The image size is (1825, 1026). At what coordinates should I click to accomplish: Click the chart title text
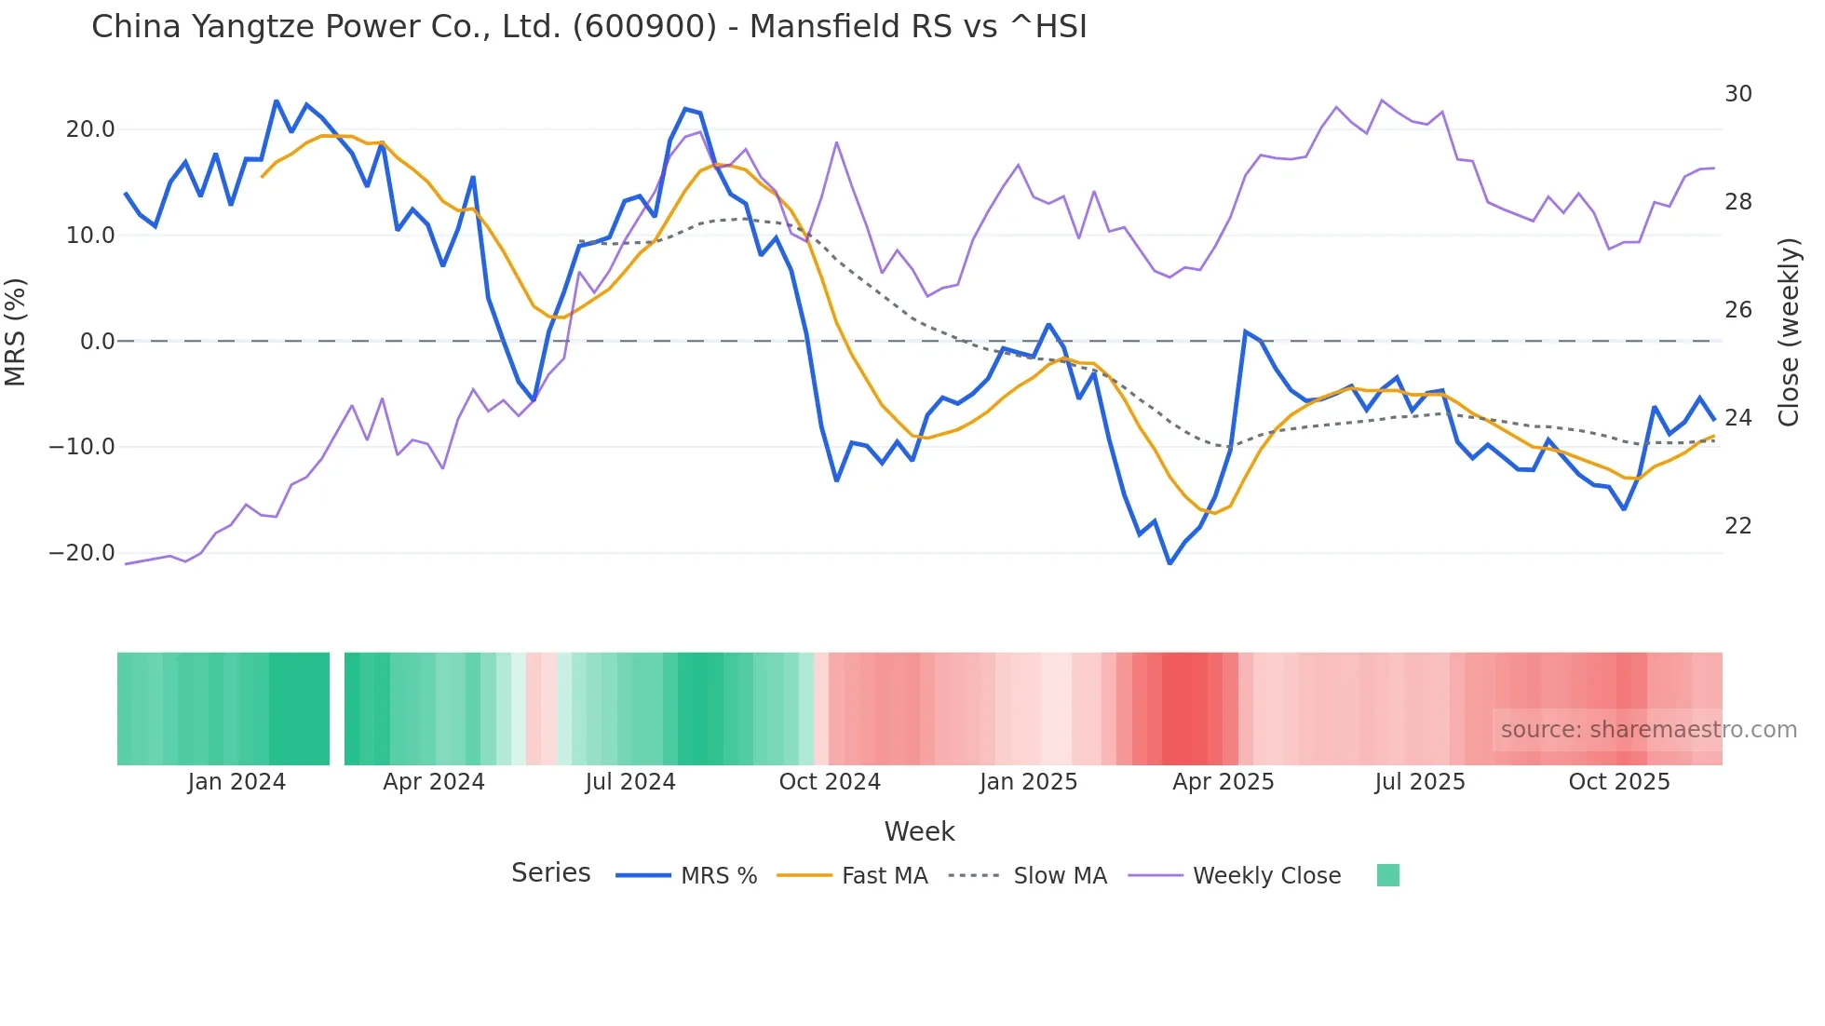click(588, 27)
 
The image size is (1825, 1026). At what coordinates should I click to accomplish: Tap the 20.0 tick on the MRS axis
click(90, 129)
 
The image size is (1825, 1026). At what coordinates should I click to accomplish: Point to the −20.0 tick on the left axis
click(82, 553)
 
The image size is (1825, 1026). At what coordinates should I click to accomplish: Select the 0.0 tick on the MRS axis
click(97, 342)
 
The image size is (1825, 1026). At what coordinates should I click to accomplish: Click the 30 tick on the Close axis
click(1737, 94)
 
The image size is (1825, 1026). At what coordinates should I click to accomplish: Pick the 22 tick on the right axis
click(1737, 526)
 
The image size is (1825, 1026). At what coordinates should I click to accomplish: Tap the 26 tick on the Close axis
click(1737, 310)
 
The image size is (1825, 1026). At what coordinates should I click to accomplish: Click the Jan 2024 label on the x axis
click(237, 782)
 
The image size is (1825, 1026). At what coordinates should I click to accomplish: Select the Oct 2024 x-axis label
click(830, 782)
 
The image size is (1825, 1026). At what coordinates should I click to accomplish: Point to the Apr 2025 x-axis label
click(1223, 782)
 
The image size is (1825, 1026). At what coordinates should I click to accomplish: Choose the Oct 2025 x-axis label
click(1619, 782)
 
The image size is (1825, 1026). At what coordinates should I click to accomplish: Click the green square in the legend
click(1387, 875)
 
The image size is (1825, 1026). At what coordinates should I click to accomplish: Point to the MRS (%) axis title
click(16, 331)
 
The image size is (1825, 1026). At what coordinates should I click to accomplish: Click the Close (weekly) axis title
click(1789, 332)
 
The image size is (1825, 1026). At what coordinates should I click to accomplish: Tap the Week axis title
click(919, 831)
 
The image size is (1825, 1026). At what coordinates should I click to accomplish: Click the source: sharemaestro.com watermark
click(1648, 730)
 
